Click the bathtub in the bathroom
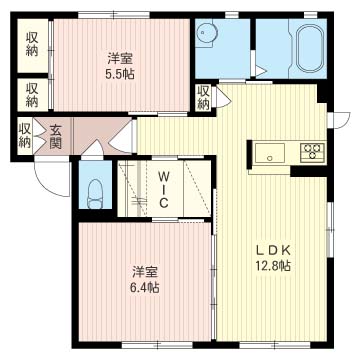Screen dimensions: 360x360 tap(310, 48)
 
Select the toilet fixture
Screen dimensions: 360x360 tap(94, 194)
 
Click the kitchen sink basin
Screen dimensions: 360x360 tap(270, 153)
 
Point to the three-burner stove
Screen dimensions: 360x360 tap(312, 152)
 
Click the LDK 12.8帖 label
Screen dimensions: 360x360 tap(273, 257)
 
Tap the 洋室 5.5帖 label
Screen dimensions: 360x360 tap(120, 67)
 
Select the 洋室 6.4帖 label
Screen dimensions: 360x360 tap(145, 279)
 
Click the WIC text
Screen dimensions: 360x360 tap(163, 189)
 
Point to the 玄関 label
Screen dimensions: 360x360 tap(55, 136)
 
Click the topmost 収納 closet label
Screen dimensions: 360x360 tap(32, 44)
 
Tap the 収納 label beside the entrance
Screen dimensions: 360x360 tap(25, 136)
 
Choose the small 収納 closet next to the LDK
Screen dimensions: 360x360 tap(203, 98)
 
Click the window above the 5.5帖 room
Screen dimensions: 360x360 tap(114, 15)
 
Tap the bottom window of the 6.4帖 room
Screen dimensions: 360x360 tap(157, 345)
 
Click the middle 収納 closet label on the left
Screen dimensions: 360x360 tap(32, 94)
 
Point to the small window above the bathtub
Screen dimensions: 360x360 tap(311, 15)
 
